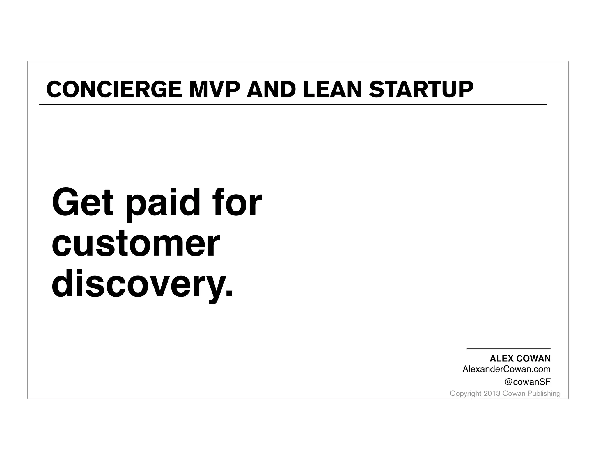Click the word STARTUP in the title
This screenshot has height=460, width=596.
pyautogui.click(x=421, y=89)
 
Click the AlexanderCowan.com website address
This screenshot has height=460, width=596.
pyautogui.click(x=506, y=369)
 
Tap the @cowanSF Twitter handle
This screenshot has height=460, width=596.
pyautogui.click(x=527, y=382)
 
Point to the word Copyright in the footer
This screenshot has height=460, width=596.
pyautogui.click(x=465, y=393)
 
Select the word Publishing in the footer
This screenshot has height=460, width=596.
pyautogui.click(x=544, y=393)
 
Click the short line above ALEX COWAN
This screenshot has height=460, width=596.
pyautogui.click(x=508, y=349)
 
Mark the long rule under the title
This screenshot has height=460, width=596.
pyautogui.click(x=293, y=104)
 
